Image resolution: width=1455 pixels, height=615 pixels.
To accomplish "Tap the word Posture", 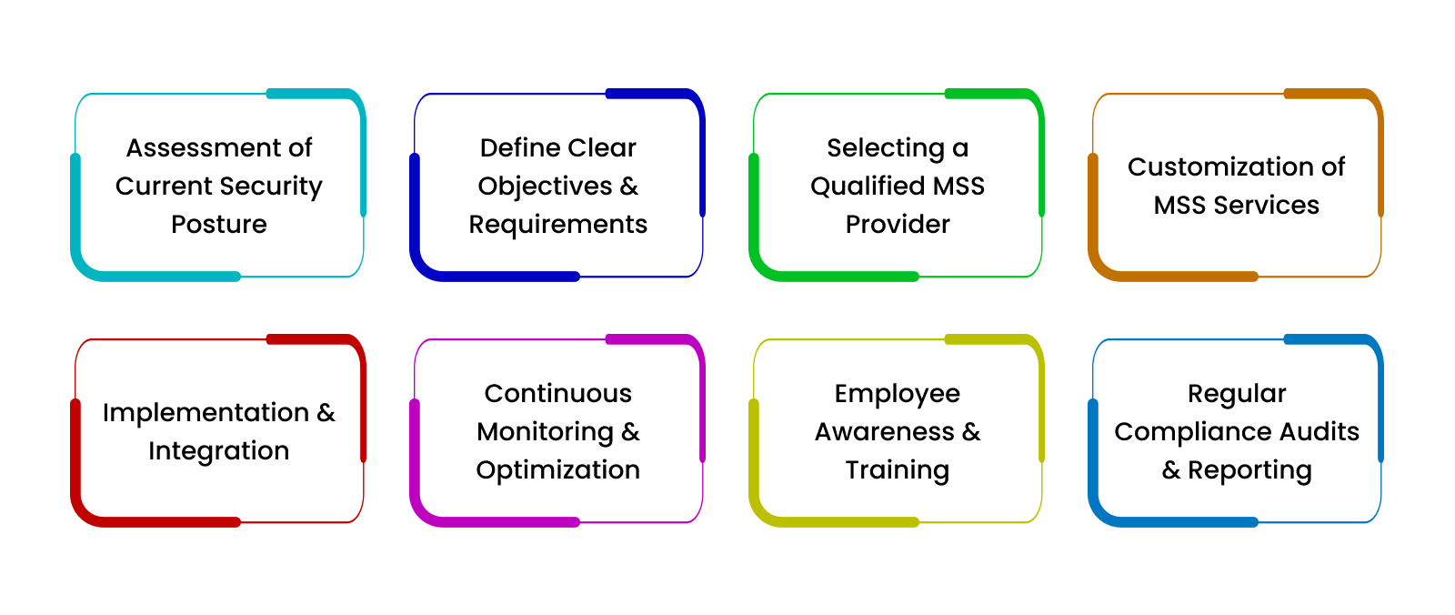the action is tap(219, 225).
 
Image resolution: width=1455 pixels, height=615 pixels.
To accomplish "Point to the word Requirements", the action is tap(558, 225).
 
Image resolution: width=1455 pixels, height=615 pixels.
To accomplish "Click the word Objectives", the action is tap(545, 187).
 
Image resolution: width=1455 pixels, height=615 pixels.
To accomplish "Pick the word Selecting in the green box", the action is tap(886, 148).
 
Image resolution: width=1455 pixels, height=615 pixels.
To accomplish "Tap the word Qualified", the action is tap(867, 186).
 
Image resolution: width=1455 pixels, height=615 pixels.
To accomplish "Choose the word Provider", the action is tap(898, 225).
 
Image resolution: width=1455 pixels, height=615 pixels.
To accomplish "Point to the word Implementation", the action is tap(206, 413).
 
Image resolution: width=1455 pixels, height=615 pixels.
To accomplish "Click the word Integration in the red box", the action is tap(219, 451).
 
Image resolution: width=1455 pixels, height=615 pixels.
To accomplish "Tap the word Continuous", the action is tap(558, 393).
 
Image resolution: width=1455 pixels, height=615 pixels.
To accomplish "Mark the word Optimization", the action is tap(558, 470).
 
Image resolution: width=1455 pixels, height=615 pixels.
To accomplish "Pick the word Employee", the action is tap(897, 394).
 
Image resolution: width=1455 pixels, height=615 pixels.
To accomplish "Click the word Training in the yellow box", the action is tap(897, 470).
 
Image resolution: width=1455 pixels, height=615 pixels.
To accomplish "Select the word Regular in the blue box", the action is tap(1237, 394).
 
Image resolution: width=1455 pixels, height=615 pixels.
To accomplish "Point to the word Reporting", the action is tap(1249, 470).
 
